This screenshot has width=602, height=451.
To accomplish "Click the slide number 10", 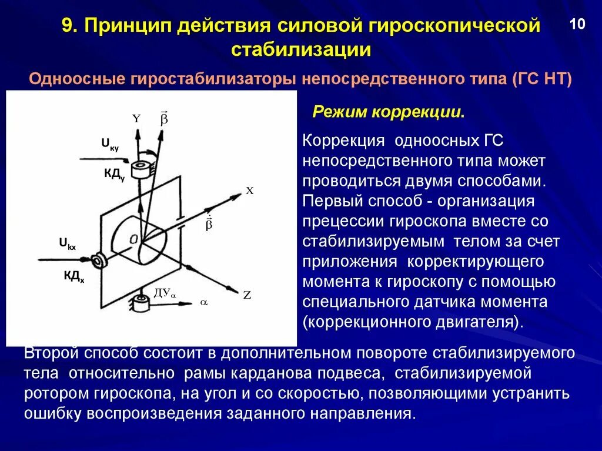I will [577, 25].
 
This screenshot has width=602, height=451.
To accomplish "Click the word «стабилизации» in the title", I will [301, 49].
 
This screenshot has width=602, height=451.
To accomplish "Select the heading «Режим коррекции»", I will [388, 112].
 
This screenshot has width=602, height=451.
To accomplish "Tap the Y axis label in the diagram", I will [136, 118].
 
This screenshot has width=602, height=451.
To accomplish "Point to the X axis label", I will [249, 191].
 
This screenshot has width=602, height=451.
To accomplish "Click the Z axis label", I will [247, 295].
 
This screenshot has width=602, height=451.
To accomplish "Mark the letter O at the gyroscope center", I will [135, 238].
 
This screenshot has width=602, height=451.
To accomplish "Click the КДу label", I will [114, 174].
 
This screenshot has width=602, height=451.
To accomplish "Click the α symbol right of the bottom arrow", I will [204, 302].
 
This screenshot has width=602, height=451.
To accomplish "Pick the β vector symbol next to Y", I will [164, 118].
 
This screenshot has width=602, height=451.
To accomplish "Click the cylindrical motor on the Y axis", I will [141, 169].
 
